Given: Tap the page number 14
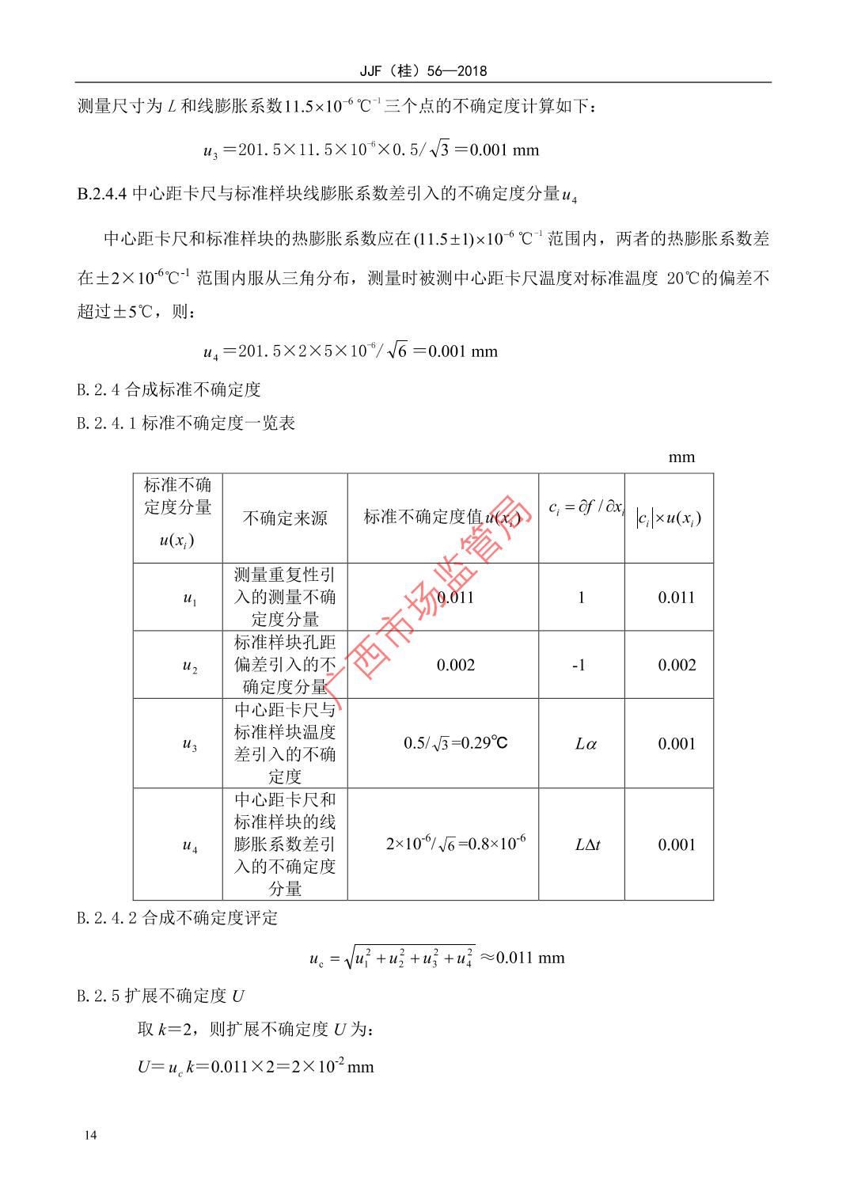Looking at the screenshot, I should point(89,1136).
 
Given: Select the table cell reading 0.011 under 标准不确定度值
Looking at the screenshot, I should point(455,598).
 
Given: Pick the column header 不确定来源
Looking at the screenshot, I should point(284,518).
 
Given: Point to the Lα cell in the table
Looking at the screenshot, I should point(585,744).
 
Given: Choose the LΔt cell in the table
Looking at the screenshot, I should point(586,844).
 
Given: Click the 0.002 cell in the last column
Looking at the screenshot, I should point(677,665).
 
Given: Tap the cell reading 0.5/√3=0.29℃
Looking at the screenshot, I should point(455,743).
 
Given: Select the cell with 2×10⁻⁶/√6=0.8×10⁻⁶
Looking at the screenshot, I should point(455,844).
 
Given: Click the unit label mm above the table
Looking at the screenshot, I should point(681,457).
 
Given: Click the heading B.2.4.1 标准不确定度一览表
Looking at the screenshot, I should point(186,423).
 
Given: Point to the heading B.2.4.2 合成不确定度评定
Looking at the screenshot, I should point(177,918).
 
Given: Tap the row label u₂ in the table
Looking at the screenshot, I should point(189,666).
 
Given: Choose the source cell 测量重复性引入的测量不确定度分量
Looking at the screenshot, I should point(284,597).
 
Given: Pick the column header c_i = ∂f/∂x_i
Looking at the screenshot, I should point(585,507).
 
